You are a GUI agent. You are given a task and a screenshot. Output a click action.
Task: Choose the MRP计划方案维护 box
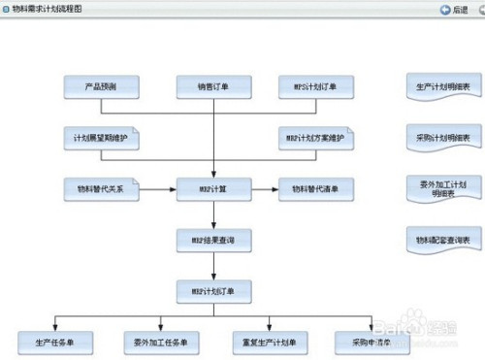[315, 138]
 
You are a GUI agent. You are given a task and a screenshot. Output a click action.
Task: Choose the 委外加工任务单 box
[161, 342]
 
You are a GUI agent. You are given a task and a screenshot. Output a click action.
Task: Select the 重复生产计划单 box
[269, 342]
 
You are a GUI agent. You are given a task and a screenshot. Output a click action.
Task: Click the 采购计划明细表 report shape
[442, 139]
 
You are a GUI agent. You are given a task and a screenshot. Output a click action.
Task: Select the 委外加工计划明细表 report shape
[442, 187]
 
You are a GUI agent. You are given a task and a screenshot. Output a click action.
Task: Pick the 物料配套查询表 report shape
[442, 239]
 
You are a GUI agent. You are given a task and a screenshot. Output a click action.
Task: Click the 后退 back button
[453, 9]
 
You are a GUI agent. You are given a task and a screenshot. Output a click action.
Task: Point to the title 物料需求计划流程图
[47, 9]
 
